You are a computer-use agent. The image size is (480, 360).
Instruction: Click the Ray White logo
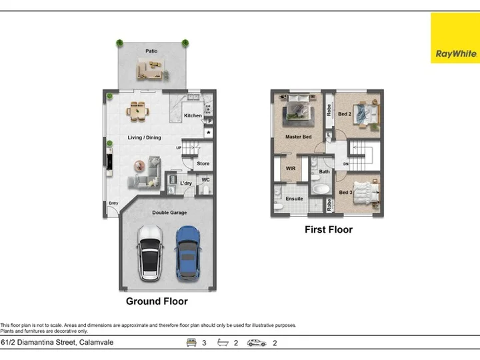pyautogui.click(x=455, y=38)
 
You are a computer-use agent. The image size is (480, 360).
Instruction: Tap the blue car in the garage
pyautogui.click(x=188, y=253)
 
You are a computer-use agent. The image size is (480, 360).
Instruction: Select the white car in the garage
pyautogui.click(x=150, y=253)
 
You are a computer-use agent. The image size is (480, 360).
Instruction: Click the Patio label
pyautogui.click(x=151, y=51)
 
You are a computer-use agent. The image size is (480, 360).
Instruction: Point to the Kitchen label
pyautogui.click(x=193, y=115)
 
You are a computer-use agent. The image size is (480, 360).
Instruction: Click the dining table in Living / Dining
pyautogui.click(x=138, y=111)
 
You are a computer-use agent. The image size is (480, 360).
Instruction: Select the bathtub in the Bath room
pyautogui.click(x=321, y=189)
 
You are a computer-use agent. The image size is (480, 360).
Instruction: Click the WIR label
pyautogui.click(x=291, y=169)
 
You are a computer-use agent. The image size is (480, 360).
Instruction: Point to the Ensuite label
pyautogui.click(x=294, y=199)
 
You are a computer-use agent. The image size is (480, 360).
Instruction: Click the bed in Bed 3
pyautogui.click(x=366, y=192)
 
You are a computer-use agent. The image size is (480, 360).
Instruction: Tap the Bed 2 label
pyautogui.click(x=345, y=114)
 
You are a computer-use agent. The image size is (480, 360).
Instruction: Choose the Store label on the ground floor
pyautogui.click(x=203, y=163)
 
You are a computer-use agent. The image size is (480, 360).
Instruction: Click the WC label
pyautogui.click(x=206, y=180)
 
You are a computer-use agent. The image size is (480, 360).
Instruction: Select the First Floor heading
pyautogui.click(x=329, y=229)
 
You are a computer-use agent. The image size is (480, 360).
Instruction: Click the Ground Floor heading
pyautogui.click(x=157, y=301)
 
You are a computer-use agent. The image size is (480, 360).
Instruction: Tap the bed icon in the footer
pyautogui.click(x=191, y=342)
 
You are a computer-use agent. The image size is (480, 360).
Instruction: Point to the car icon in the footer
pyautogui.click(x=257, y=343)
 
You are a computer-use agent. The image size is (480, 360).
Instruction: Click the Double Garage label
pyautogui.click(x=169, y=213)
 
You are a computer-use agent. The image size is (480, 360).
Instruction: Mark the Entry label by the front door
pyautogui.click(x=113, y=203)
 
